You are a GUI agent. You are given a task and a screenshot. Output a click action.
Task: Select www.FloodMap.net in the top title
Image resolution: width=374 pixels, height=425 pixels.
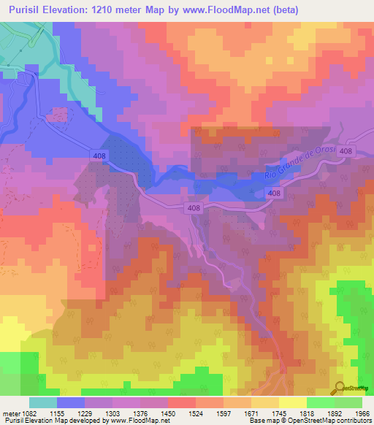[x=229, y=9]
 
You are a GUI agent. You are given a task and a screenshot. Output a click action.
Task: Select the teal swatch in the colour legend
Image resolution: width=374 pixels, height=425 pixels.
[x=42, y=402]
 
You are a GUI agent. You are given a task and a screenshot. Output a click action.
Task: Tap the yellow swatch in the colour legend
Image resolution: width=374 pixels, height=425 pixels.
[x=292, y=402]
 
